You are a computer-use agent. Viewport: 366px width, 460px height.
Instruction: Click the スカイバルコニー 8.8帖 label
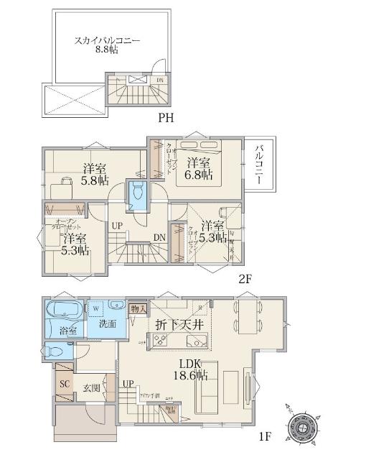pos(107,46)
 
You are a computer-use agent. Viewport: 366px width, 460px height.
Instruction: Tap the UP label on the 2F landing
pos(117,226)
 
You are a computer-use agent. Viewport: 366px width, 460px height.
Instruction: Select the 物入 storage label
pos(139,309)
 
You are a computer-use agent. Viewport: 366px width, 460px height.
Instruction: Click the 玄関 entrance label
pos(91,389)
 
